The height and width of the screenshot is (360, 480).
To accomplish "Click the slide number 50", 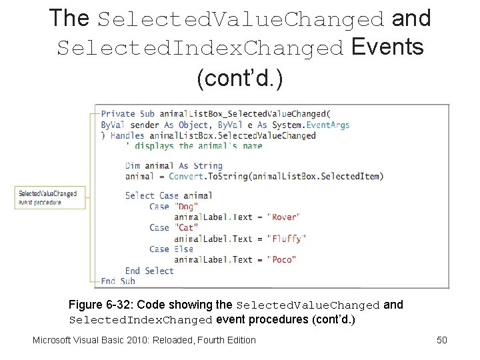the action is [x=441, y=340].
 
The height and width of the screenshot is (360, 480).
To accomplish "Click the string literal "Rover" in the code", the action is [x=283, y=217].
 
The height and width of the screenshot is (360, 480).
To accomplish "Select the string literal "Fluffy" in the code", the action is [x=286, y=238].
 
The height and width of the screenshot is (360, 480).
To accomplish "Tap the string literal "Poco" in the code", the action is [x=281, y=259].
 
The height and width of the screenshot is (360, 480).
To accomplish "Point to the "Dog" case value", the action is [x=186, y=206].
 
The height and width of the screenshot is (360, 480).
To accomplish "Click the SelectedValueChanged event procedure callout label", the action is [x=47, y=198].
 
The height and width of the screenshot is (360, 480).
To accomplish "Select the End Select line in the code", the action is [x=149, y=271].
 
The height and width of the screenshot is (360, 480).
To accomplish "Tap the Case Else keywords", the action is [x=171, y=249].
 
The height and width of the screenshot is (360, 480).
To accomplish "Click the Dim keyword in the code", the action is [x=132, y=165].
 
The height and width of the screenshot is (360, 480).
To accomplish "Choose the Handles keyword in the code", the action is [x=127, y=135].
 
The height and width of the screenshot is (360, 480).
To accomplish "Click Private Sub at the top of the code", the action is [x=127, y=113].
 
